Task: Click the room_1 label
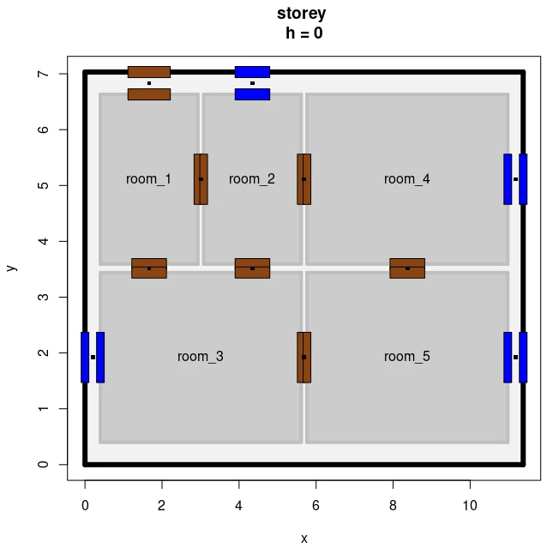coord(148,179)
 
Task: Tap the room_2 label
coord(252,179)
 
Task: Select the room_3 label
coord(201,357)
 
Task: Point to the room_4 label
coord(406,179)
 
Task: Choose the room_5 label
coord(406,357)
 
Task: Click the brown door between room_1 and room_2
coord(201,179)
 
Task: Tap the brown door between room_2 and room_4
coord(304,179)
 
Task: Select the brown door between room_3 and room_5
coord(304,358)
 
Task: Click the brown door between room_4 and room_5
coord(407,268)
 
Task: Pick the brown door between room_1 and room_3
coord(149,268)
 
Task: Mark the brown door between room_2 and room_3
coord(252,268)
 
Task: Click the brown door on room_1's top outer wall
coord(149,83)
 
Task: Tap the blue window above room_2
coord(252,83)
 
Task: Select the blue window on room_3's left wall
coord(93,358)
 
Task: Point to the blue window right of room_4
coord(515,179)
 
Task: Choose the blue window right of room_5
coord(515,358)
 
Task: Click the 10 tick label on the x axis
coord(470,506)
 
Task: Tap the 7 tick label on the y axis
coord(43,74)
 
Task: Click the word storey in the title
coord(301,14)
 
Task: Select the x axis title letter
coord(304,539)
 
